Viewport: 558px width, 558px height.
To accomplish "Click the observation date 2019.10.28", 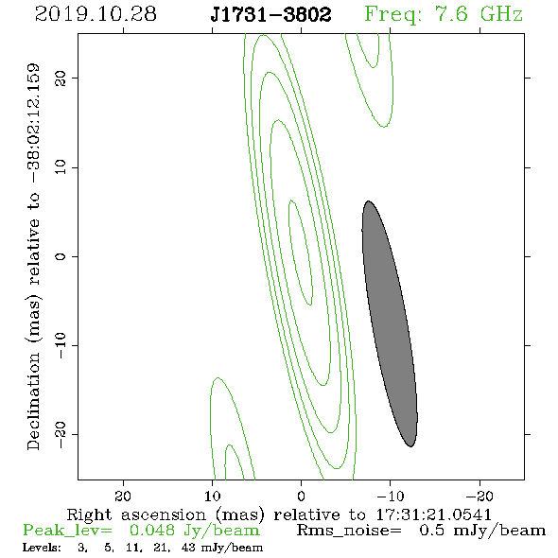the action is pyautogui.click(x=96, y=14).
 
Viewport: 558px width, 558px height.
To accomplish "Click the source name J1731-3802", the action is pyautogui.click(x=270, y=14).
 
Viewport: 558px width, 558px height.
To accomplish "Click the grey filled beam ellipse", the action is pyautogui.click(x=390, y=323).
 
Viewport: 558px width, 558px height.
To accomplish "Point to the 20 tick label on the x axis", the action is pyautogui.click(x=123, y=496).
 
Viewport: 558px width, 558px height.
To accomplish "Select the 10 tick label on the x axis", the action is pyautogui.click(x=213, y=496).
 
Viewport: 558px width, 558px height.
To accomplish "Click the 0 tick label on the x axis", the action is pyautogui.click(x=301, y=496).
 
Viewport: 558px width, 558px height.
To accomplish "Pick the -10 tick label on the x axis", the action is pyautogui.click(x=391, y=496).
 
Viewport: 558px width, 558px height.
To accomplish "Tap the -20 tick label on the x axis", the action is pyautogui.click(x=480, y=496).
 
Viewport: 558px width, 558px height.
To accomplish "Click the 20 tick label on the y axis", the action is pyautogui.click(x=61, y=78).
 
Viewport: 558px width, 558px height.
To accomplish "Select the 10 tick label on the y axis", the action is pyautogui.click(x=61, y=167).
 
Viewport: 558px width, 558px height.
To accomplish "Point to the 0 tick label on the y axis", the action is pyautogui.click(x=61, y=256).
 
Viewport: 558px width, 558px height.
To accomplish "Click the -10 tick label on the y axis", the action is pyautogui.click(x=61, y=345).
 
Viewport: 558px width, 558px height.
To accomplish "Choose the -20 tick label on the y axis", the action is pyautogui.click(x=61, y=434).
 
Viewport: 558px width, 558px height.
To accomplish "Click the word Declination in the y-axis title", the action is pyautogui.click(x=33, y=401).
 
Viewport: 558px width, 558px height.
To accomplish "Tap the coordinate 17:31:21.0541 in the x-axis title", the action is pyautogui.click(x=433, y=514).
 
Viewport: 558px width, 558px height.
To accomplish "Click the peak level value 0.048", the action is pyautogui.click(x=152, y=531).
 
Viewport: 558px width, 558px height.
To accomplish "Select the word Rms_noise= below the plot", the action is pyautogui.click(x=349, y=532).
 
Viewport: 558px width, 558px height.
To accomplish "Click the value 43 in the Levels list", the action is pyautogui.click(x=188, y=548).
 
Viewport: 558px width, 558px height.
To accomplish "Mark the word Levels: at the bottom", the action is pyautogui.click(x=42, y=548).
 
